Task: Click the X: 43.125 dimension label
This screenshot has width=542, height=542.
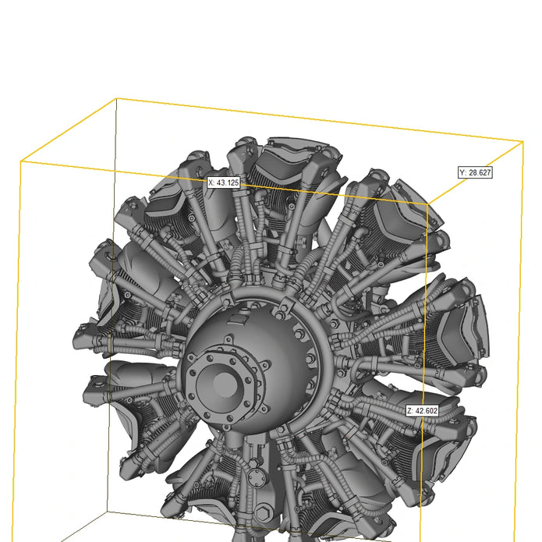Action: pyautogui.click(x=224, y=182)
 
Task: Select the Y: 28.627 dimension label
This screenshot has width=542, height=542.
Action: pyautogui.click(x=475, y=172)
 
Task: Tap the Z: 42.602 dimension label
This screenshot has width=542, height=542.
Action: pyautogui.click(x=423, y=411)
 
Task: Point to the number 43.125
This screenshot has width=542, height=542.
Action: pyautogui.click(x=228, y=182)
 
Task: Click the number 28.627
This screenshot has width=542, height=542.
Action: pyautogui.click(x=480, y=172)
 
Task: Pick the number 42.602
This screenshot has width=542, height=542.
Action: pyautogui.click(x=427, y=411)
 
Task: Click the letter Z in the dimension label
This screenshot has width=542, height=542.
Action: pyautogui.click(x=409, y=411)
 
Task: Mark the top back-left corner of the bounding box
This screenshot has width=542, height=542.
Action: pyautogui.click(x=116, y=99)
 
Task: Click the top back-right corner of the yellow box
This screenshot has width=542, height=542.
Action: pyautogui.click(x=523, y=141)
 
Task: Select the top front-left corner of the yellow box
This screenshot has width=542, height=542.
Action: pyautogui.click(x=21, y=161)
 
